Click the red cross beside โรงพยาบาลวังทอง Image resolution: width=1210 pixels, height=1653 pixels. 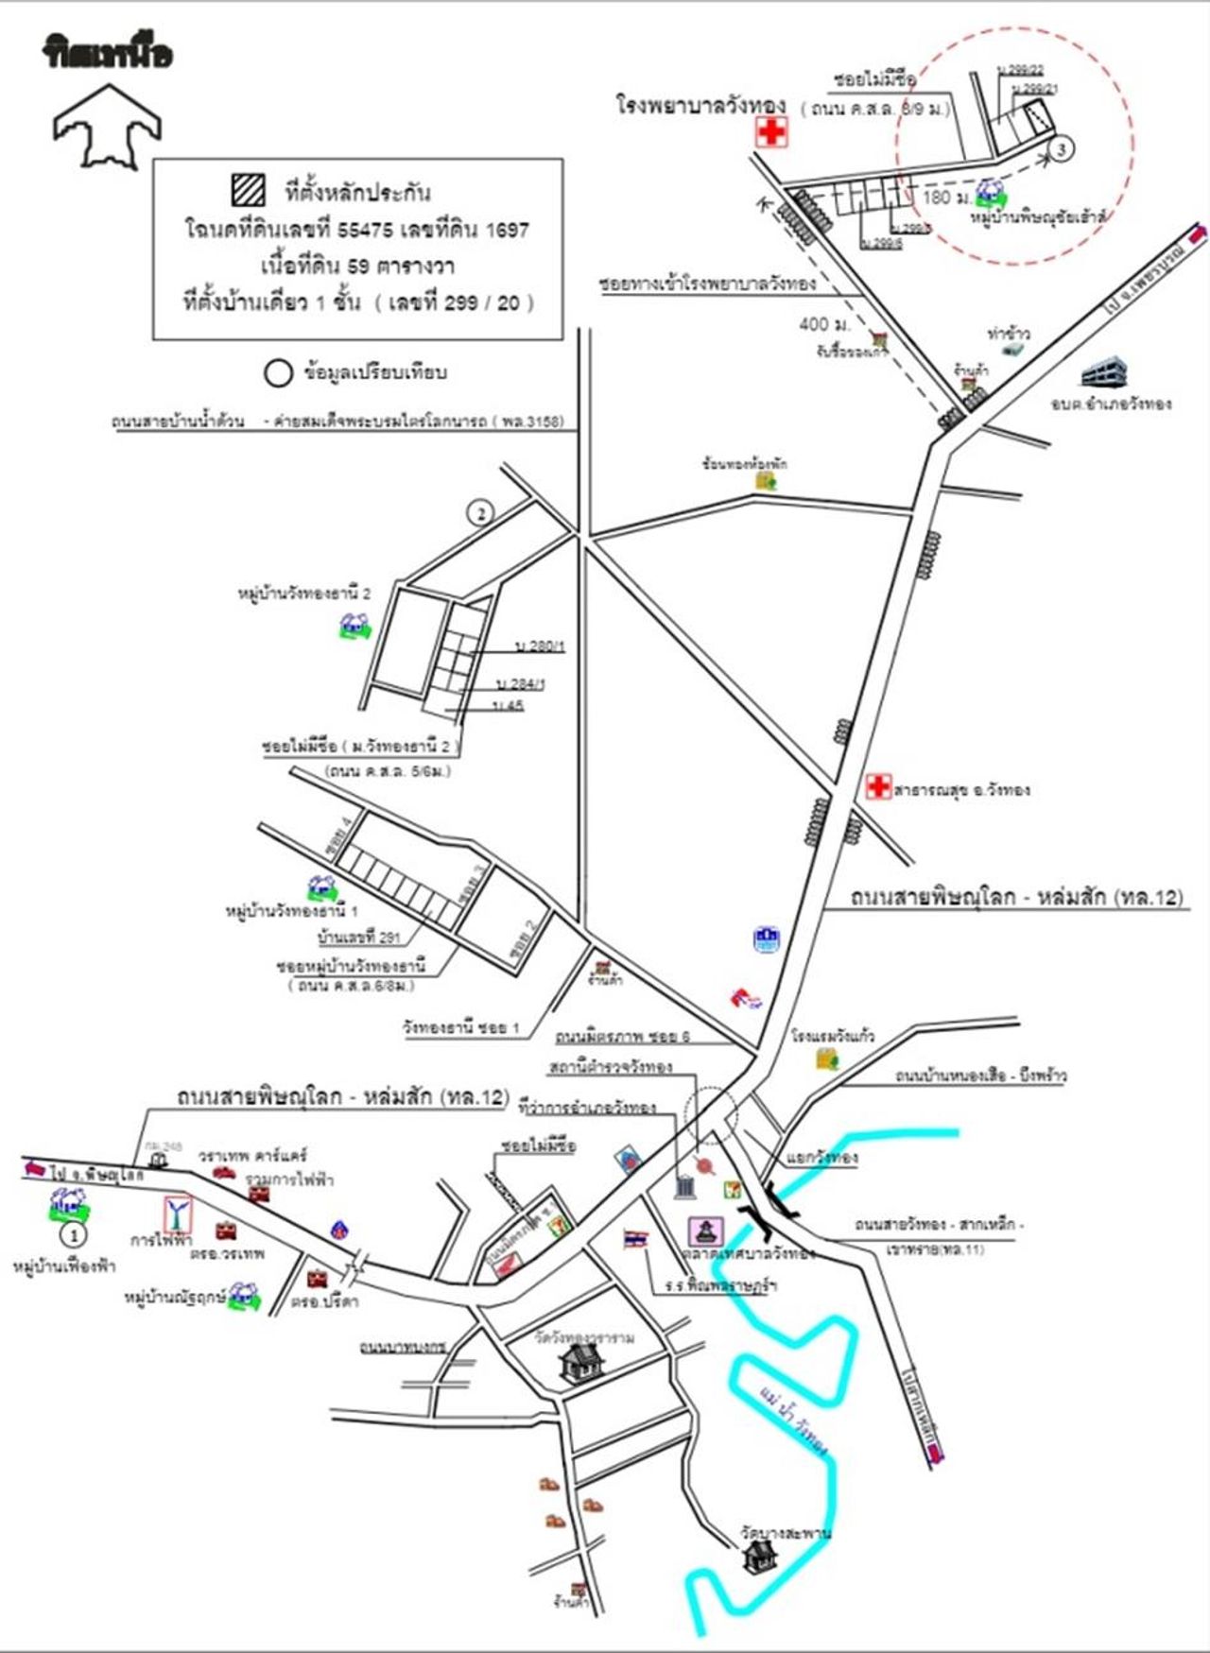[x=771, y=131]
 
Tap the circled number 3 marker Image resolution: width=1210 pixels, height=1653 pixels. [x=1062, y=149]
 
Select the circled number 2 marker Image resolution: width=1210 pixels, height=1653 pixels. [x=481, y=513]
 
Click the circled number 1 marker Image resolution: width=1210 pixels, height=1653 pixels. [x=73, y=1234]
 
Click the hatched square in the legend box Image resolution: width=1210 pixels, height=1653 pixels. [x=249, y=190]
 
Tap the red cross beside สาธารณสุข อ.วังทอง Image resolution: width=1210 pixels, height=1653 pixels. [x=878, y=786]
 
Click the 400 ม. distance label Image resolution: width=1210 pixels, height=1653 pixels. [x=824, y=324]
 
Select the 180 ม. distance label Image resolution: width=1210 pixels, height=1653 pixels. [x=946, y=198]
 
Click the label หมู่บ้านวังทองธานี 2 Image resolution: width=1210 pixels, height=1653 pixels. [x=303, y=594]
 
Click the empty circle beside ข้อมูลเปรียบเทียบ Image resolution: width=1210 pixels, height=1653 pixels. [x=277, y=372]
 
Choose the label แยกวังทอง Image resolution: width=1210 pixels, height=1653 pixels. [x=821, y=1158]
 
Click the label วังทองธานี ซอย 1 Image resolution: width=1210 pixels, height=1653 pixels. [x=460, y=1027]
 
